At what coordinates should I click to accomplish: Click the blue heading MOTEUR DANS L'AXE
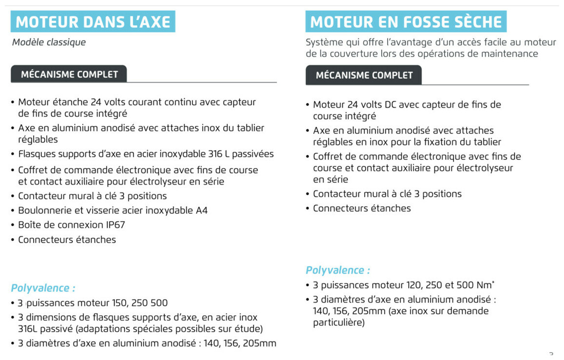click(x=93, y=22)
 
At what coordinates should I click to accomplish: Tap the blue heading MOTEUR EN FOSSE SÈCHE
click(x=406, y=22)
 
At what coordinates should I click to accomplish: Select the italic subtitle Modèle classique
click(x=49, y=42)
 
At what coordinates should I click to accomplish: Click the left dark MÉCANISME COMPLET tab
click(x=69, y=75)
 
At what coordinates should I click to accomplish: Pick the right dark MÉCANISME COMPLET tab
click(x=364, y=76)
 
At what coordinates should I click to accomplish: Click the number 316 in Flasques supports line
click(x=215, y=154)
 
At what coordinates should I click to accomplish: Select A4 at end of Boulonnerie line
click(x=202, y=210)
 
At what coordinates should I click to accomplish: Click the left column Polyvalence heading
click(x=43, y=288)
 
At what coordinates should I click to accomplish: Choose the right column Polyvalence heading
click(x=338, y=270)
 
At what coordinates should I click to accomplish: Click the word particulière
click(x=338, y=322)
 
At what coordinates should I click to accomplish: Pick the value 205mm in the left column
click(x=259, y=343)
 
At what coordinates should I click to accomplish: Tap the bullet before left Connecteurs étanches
click(x=13, y=240)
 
